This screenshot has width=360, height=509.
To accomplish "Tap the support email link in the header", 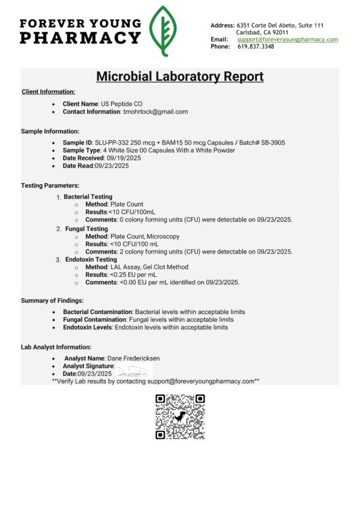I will [x=287, y=40].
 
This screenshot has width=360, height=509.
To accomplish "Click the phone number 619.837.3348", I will [x=256, y=47].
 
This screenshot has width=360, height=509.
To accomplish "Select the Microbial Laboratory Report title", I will [x=180, y=77].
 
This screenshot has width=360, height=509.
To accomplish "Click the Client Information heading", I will [x=48, y=92].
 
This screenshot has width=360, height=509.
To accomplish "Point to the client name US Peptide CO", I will [x=122, y=104].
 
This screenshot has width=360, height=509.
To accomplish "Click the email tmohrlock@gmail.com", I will [x=155, y=112].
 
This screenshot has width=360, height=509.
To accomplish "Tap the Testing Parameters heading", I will [x=50, y=185].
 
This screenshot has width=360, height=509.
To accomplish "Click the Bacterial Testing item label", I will [x=88, y=196].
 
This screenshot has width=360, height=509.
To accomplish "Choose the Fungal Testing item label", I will [x=86, y=229].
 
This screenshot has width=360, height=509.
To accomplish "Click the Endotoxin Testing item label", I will [x=91, y=259].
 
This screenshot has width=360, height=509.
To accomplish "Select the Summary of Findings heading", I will [x=52, y=300].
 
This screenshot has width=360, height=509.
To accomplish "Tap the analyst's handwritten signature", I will [x=133, y=367].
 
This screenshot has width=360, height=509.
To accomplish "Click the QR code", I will [x=180, y=417].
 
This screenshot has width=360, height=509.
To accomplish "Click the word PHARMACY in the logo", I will [x=80, y=38].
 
